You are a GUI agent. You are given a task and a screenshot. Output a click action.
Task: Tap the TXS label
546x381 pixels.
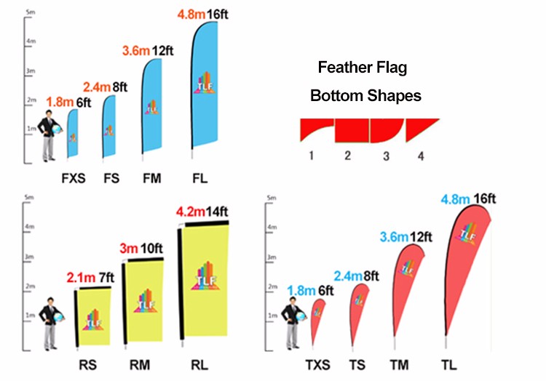click(x=317, y=364)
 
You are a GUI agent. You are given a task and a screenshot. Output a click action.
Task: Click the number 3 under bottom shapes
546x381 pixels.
click(x=387, y=156)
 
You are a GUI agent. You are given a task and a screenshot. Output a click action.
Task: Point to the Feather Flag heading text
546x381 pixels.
click(x=362, y=68)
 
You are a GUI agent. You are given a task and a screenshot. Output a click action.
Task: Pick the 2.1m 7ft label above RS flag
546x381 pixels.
click(x=89, y=277)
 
